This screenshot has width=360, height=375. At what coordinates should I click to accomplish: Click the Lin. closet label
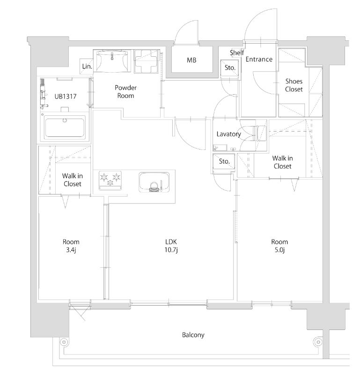click(x=87, y=67)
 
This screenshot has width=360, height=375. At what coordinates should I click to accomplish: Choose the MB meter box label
click(x=191, y=60)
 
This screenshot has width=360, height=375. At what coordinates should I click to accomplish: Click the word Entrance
click(x=259, y=59)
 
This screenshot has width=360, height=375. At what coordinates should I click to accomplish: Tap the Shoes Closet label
click(x=294, y=85)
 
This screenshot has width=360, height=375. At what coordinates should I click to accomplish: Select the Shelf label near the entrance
click(x=236, y=52)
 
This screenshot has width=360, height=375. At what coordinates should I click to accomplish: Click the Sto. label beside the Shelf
click(x=229, y=67)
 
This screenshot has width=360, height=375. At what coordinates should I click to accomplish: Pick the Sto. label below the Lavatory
click(x=224, y=161)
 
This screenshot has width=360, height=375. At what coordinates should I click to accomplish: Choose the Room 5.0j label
click(x=279, y=246)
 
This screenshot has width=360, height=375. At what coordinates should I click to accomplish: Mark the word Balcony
click(x=193, y=335)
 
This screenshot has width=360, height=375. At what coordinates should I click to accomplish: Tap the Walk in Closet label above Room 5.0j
click(x=282, y=162)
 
